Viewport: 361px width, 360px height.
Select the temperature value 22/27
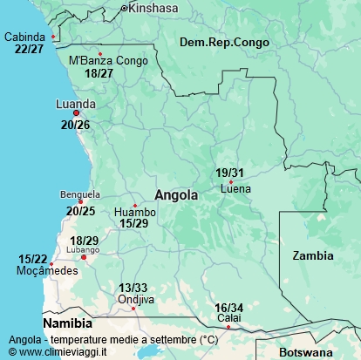tap(29, 49)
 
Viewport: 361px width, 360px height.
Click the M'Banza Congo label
tap(108, 61)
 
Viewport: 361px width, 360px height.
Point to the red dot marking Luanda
tap(77, 113)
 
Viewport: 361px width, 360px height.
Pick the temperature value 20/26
tap(75, 126)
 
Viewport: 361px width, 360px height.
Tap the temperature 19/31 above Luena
tap(230, 173)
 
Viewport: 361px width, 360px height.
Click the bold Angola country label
tap(175, 195)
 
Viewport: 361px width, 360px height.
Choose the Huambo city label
tap(135, 212)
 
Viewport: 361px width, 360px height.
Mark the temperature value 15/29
tap(134, 224)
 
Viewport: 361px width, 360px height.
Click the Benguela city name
tap(80, 194)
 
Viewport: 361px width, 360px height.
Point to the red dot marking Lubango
tap(85, 257)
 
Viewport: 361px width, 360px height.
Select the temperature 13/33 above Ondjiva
tap(133, 288)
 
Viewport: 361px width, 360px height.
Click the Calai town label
tap(228, 318)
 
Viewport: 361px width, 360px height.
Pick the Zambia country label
tap(312, 255)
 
